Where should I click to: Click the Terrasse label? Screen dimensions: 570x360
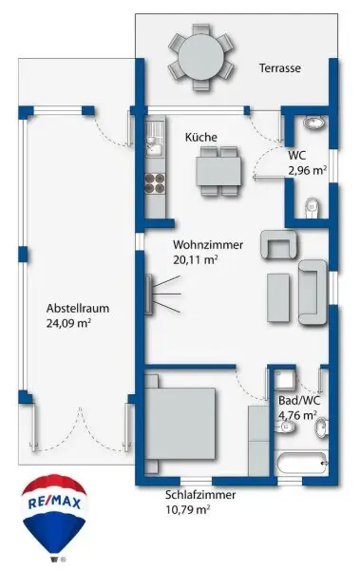click(x=282, y=68)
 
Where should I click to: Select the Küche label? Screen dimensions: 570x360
click(x=201, y=138)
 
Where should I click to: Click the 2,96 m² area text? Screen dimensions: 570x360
click(x=307, y=171)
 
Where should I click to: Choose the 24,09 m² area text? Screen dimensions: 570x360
click(x=76, y=323)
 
